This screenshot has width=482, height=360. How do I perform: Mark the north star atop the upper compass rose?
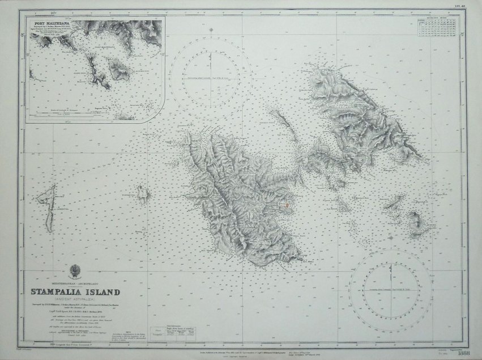[x=211, y=29]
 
